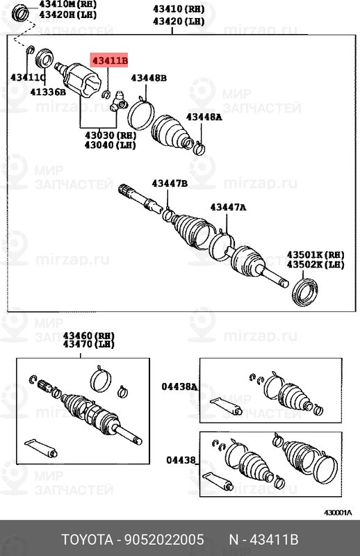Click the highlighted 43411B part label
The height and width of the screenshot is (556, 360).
tap(110, 61)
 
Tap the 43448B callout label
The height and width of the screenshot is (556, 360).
tap(149, 78)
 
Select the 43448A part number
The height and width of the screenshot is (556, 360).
tap(204, 117)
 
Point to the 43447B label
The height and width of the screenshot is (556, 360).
tap(170, 183)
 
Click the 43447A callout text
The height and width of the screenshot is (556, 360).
tap(228, 207)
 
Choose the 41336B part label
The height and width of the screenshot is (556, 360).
tap(48, 92)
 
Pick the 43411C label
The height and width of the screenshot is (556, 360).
tap(28, 77)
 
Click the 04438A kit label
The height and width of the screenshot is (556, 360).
tap(179, 386)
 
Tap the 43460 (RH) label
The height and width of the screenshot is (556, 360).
tap(89, 336)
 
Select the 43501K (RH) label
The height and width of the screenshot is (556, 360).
tap(316, 255)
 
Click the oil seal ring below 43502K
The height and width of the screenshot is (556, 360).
tap(304, 293)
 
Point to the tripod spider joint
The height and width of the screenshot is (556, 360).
tap(118, 101)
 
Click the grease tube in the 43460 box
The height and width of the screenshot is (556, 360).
tap(41, 448)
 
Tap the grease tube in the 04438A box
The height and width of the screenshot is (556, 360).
tap(227, 407)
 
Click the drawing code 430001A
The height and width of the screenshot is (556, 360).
tap(338, 513)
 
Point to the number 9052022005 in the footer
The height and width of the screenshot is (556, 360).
tap(163, 540)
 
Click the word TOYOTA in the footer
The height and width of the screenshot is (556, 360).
tap(88, 540)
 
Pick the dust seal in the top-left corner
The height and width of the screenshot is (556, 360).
tap(21, 14)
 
